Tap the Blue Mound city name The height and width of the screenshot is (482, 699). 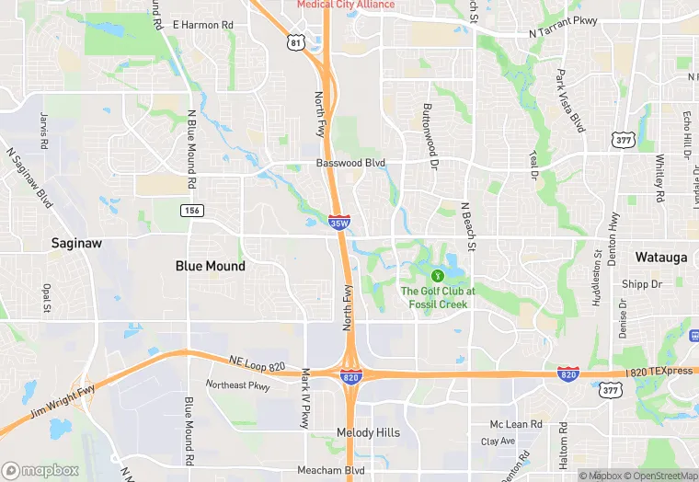coord(211,266)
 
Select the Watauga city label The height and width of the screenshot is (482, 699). coord(660,258)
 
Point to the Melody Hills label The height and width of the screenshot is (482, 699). coord(368,432)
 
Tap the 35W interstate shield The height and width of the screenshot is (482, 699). coord(338,223)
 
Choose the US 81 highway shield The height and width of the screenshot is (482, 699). coord(295,43)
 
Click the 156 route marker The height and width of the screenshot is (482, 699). coord(191,211)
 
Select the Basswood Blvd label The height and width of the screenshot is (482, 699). coord(349,163)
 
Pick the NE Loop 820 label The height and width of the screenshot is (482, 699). coord(253,361)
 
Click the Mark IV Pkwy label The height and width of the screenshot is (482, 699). coord(305,399)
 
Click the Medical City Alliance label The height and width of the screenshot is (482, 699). coord(345,5)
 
